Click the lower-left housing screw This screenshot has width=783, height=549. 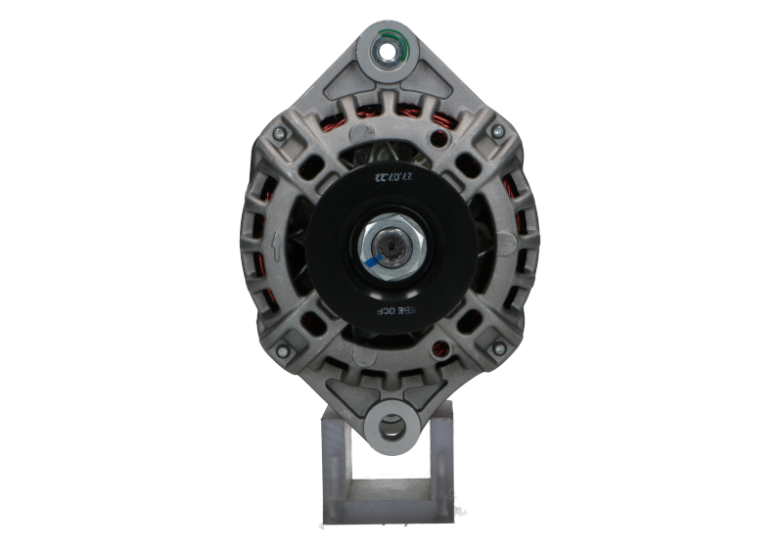pos(284,347)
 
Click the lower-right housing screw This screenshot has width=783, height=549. pos(498,347)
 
